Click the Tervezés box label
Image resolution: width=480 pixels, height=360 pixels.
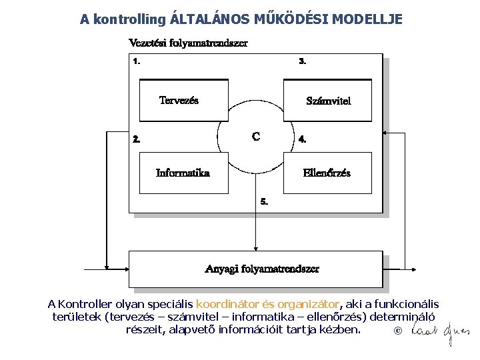click(179, 101)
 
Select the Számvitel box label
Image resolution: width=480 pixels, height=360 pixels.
click(328, 101)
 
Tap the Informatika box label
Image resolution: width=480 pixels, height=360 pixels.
click(183, 173)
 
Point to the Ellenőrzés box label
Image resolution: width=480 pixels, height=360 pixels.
click(327, 173)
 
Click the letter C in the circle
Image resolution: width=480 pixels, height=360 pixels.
click(256, 137)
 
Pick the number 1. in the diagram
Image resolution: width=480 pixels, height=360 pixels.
click(137, 61)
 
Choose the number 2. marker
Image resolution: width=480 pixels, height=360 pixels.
click(137, 140)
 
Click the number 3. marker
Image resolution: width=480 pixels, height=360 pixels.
click(303, 61)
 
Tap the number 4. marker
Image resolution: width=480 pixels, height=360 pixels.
click(303, 140)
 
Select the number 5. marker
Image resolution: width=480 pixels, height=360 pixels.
click(264, 201)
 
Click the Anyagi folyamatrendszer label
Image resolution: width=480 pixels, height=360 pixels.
click(262, 269)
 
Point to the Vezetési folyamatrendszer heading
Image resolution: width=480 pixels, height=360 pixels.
click(188, 44)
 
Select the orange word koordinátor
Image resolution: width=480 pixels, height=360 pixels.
click(226, 304)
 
